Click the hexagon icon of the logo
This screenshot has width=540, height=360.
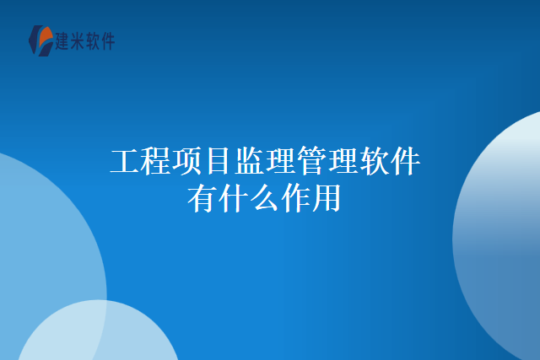tap(40, 40)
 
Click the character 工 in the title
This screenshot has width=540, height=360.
tap(126, 161)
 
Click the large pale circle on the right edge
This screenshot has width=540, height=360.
tap(503, 236)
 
